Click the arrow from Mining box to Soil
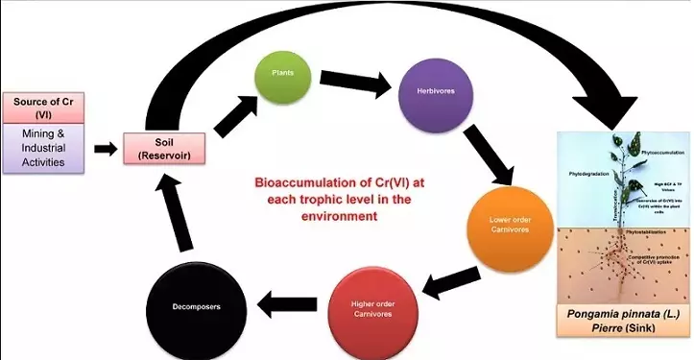click(x=103, y=149)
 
